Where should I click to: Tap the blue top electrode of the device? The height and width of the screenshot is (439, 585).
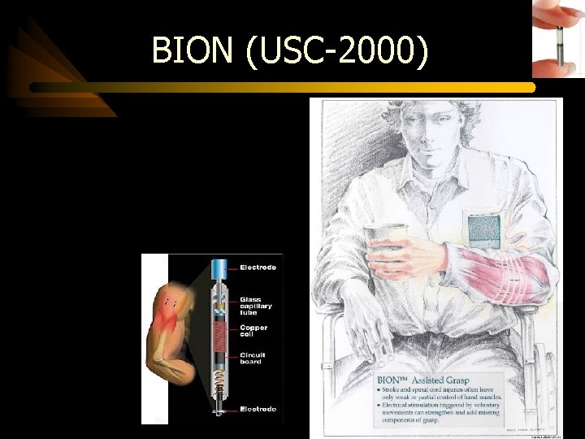(219, 269)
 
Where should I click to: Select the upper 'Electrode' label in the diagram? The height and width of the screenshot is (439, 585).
(258, 267)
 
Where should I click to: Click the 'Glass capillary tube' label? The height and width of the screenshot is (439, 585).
(256, 306)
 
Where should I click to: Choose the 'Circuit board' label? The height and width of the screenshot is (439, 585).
(253, 358)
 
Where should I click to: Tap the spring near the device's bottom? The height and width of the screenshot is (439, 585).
(218, 377)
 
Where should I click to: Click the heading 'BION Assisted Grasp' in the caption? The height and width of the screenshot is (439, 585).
(425, 379)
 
